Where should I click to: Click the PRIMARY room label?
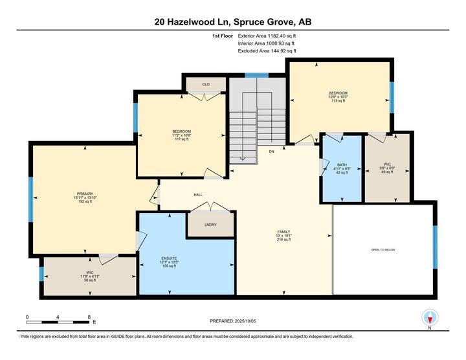coord(85,194)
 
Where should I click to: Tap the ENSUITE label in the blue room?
coord(170,258)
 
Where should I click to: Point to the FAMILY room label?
coord(284,232)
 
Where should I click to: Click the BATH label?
coord(341,164)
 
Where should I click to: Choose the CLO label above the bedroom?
coord(205,84)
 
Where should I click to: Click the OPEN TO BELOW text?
coord(383,249)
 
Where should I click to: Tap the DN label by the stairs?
coord(272,152)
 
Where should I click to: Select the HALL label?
coord(199,194)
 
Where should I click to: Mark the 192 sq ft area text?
coord(85,202)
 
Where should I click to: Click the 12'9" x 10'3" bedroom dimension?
coord(338,97)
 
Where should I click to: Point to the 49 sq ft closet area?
coord(387,172)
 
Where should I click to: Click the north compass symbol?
coord(429,318)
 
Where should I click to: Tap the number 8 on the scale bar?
coord(89,317)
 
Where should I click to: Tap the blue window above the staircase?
coord(256,75)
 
